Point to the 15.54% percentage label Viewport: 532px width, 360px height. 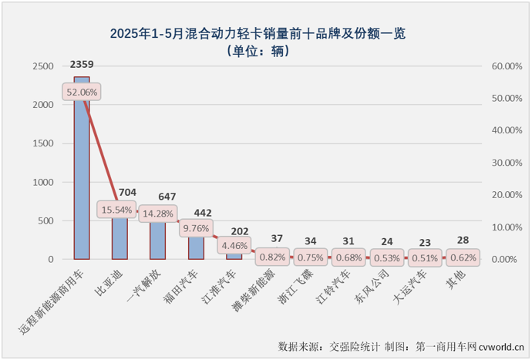117,209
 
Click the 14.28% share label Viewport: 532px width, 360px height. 157,213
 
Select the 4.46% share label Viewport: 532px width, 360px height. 234,247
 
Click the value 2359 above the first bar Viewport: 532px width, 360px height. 82,65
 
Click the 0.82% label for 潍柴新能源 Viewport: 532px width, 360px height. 272,257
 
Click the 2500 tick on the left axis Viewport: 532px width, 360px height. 42,66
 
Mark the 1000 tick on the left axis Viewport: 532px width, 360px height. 42,182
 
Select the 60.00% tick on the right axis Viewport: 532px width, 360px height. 506,66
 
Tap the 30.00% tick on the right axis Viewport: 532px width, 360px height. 506,163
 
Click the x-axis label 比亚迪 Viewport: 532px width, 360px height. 121,281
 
